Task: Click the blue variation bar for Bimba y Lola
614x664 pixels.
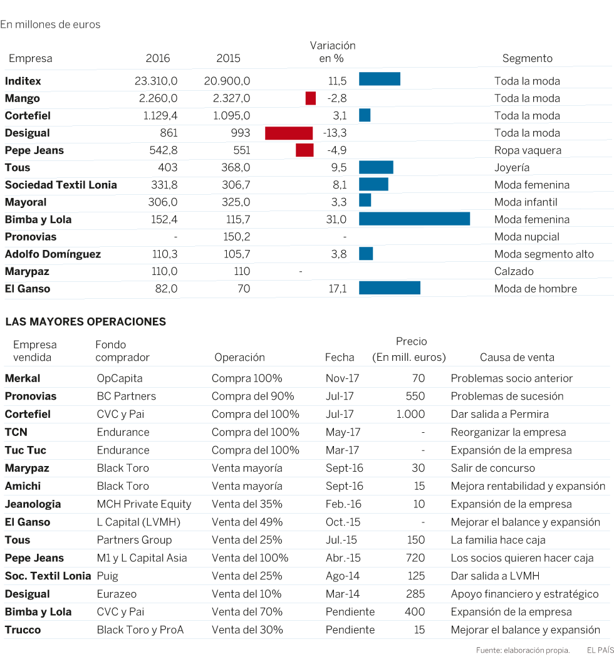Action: (x=414, y=219)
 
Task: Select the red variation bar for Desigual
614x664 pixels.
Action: (x=289, y=133)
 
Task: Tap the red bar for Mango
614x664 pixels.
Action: (x=311, y=98)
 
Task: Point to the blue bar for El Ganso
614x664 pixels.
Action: (x=389, y=288)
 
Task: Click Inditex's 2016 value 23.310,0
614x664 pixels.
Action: (x=156, y=81)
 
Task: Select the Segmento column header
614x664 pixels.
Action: (x=527, y=58)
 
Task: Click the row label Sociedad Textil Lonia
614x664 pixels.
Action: (x=61, y=185)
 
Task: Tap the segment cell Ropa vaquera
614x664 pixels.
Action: (x=528, y=150)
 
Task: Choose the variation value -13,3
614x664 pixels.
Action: (x=335, y=133)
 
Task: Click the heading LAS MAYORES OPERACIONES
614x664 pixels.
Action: (x=85, y=322)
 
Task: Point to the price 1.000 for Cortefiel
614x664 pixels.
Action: (x=410, y=414)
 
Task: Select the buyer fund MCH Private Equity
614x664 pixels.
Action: (x=144, y=504)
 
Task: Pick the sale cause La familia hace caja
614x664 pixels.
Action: (x=498, y=540)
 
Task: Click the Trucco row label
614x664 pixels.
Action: (x=23, y=630)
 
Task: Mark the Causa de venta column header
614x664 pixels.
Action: (x=517, y=358)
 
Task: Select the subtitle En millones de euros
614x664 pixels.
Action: (x=50, y=24)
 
